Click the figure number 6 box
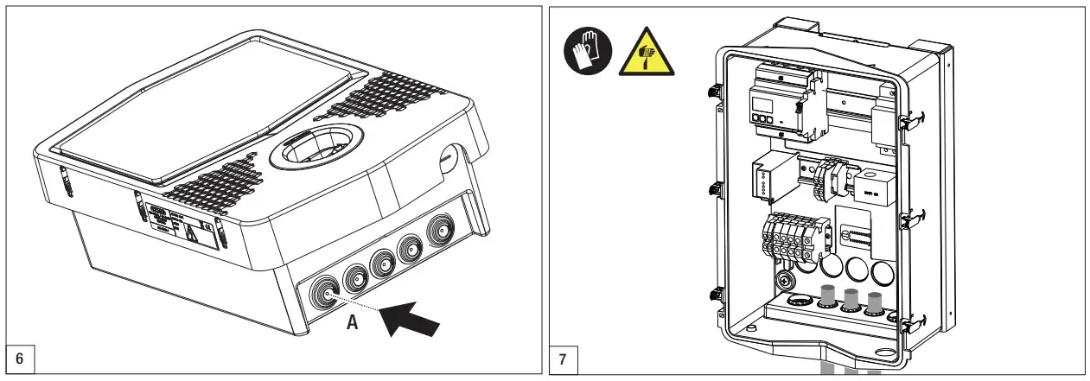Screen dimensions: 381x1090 click(20, 356)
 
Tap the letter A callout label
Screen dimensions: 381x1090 click(352, 321)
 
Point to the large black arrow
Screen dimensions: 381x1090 click(413, 312)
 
